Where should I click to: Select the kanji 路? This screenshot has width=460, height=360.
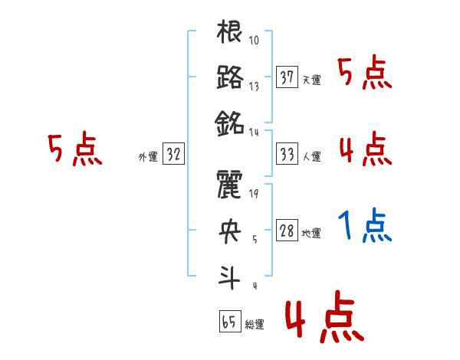[x=230, y=78]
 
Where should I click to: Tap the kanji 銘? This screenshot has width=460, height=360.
[x=230, y=122]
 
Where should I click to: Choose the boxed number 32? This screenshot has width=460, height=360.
[x=174, y=154]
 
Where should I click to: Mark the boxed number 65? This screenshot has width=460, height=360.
[x=229, y=322]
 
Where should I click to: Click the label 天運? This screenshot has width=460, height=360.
[x=312, y=80]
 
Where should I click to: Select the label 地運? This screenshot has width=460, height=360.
[x=312, y=233]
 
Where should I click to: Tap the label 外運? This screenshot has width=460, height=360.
[x=148, y=156]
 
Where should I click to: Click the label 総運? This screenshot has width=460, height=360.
[x=255, y=324]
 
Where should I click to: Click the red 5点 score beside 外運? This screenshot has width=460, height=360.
[x=74, y=150]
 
